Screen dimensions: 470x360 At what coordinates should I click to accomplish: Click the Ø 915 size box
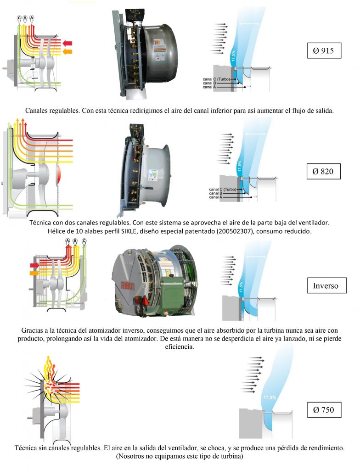tap(324, 50)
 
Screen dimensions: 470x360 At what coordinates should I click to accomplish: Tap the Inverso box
tap(326, 285)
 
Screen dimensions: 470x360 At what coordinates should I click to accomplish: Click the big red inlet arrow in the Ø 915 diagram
tap(67, 43)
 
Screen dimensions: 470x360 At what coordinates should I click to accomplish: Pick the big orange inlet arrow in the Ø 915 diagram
tap(67, 52)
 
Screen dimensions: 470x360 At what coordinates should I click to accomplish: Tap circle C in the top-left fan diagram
tap(20, 18)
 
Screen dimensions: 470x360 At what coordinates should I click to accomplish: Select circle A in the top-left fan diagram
tap(32, 18)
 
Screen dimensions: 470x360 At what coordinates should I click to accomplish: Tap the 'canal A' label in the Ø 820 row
tap(215, 197)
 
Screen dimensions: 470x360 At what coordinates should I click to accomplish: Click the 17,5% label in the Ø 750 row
tap(270, 397)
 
